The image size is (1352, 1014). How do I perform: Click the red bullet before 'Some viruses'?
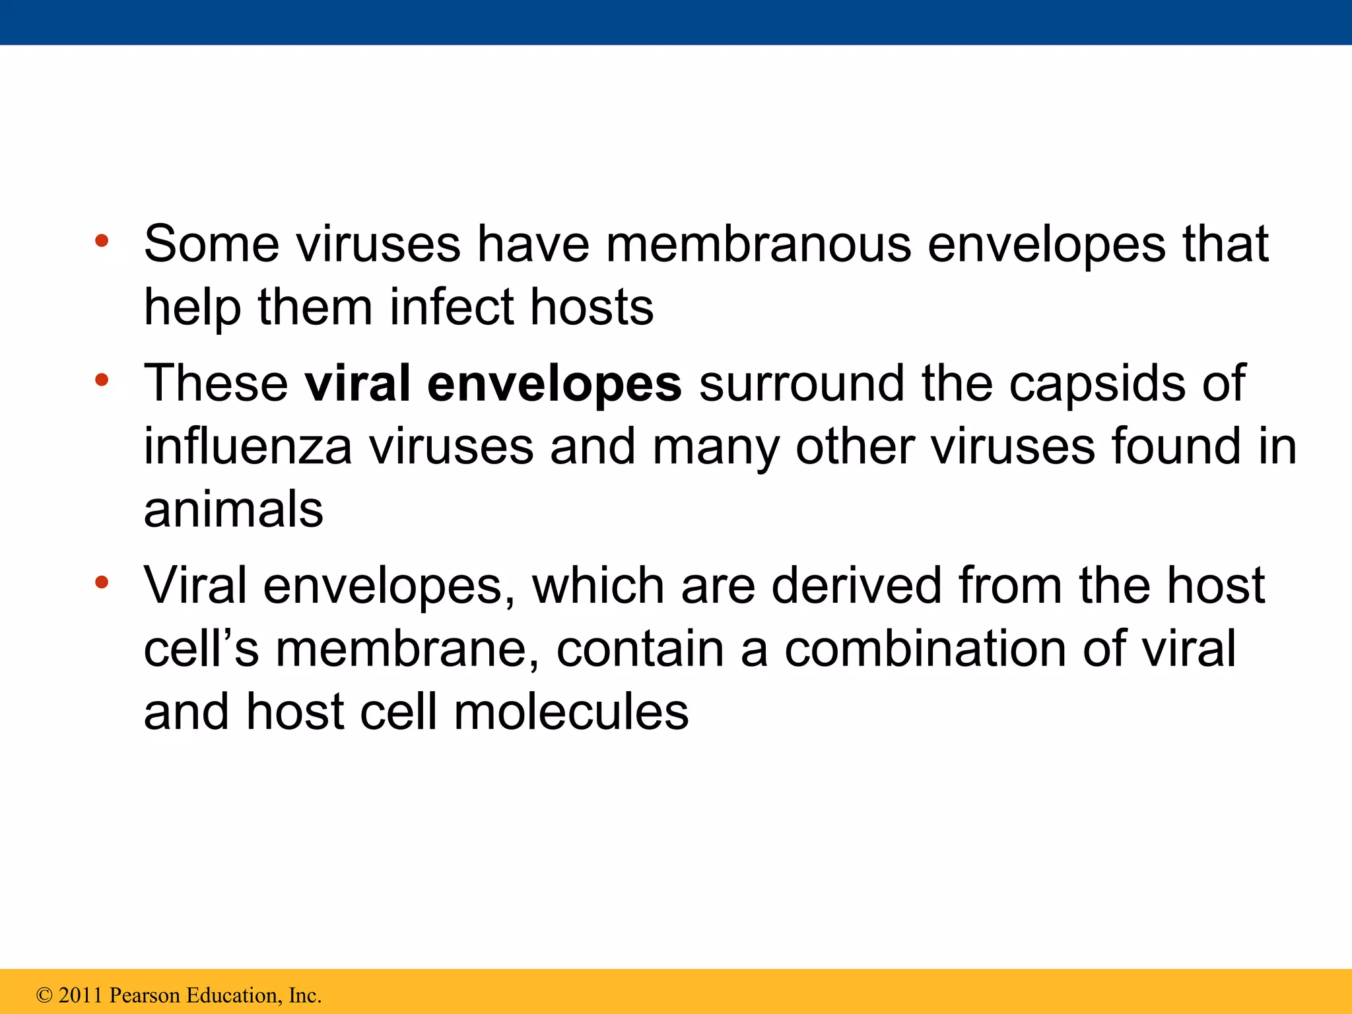tap(101, 241)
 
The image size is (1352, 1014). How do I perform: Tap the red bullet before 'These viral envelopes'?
tap(101, 380)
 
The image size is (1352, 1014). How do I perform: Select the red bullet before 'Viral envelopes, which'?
tap(101, 582)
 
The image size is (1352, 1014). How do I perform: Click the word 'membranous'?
tap(759, 244)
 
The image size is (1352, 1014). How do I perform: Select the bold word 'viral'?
tap(357, 383)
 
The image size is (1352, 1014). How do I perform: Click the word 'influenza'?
tap(248, 446)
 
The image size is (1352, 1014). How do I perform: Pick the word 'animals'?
tap(234, 510)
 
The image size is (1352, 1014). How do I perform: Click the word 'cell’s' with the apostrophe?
tap(201, 649)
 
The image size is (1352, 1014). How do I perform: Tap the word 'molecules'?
tap(571, 712)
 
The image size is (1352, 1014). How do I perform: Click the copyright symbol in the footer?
tap(44, 996)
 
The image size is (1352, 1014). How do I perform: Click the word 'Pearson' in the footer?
tap(143, 996)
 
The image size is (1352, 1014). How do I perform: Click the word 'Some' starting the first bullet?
tap(211, 244)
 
